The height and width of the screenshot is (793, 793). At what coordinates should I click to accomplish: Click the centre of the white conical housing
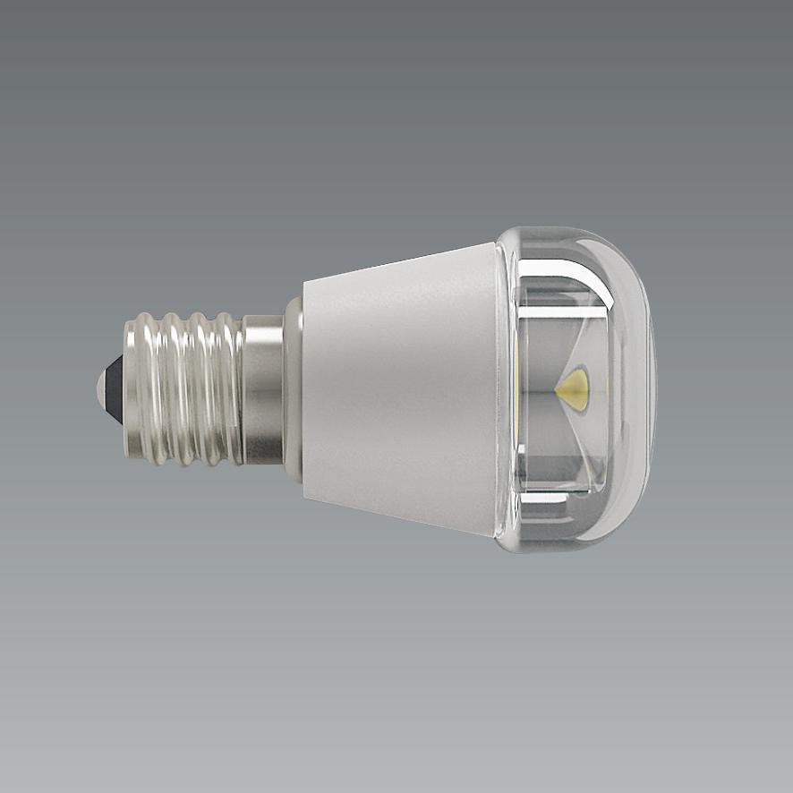399,390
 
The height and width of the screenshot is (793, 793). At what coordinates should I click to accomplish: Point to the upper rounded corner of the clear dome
627,260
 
